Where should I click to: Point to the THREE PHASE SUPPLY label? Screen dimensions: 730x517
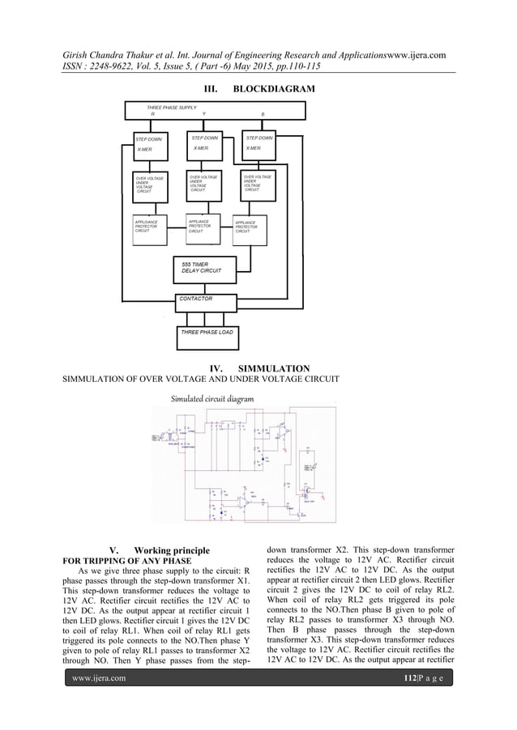pyautogui.click(x=172, y=108)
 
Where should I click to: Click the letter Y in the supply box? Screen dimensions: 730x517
pyautogui.click(x=204, y=115)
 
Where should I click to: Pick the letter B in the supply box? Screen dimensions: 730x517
pyautogui.click(x=263, y=115)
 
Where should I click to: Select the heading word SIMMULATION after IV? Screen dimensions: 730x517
pyautogui.click(x=283, y=368)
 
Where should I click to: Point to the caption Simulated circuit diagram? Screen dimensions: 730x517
pyautogui.click(x=212, y=398)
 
